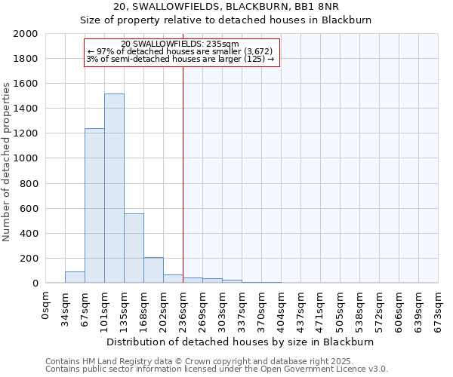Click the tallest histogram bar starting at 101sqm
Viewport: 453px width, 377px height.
coord(114,188)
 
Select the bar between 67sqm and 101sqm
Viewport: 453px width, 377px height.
coord(94,206)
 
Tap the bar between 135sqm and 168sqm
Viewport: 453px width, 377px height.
coord(134,248)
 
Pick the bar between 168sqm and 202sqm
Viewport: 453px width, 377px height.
coord(153,270)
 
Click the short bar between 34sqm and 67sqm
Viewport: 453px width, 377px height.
coord(75,277)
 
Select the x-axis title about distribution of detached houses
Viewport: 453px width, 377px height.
coord(240,342)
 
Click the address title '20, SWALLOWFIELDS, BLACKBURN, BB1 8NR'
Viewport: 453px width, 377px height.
coord(226,7)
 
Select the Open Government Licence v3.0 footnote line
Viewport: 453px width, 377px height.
coord(216,369)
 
